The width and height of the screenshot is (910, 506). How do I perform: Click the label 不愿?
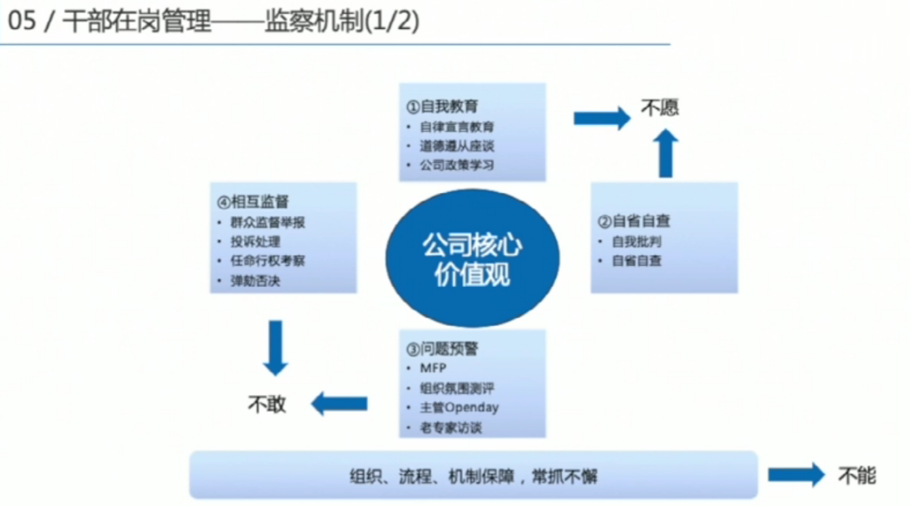coord(660,107)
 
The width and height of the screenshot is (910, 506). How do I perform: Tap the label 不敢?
coord(267,404)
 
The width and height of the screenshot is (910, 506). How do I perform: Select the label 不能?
coord(857,475)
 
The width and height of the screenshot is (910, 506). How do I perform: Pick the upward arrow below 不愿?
coord(666,154)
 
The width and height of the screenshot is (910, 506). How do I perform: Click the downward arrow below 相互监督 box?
coord(275,347)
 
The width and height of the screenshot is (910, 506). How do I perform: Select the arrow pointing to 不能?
coord(796,475)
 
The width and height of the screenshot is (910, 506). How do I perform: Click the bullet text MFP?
coord(433,368)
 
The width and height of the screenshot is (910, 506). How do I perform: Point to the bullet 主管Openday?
coord(459,407)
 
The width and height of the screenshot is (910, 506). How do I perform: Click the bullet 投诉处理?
coord(256,242)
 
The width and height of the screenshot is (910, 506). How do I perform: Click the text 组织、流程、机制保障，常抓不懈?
coord(473,477)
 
